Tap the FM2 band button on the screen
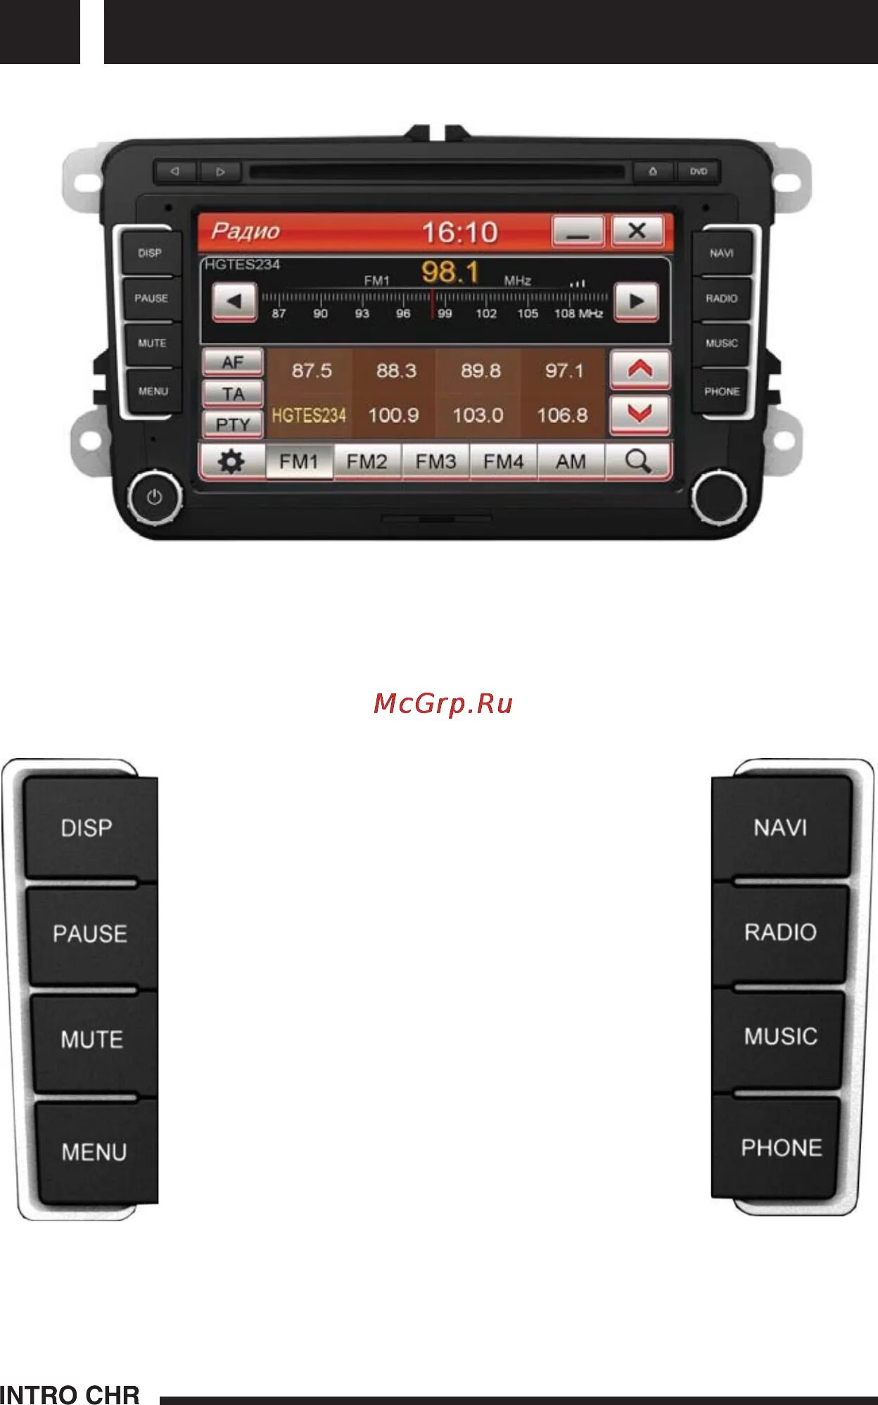(x=367, y=462)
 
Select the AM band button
(x=571, y=462)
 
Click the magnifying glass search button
(x=638, y=462)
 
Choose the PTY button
(x=233, y=424)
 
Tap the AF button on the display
(x=233, y=363)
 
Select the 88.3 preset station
(x=396, y=371)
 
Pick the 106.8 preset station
(x=562, y=415)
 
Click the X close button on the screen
(x=637, y=231)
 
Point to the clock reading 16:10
(x=460, y=232)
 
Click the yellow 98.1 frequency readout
(x=450, y=272)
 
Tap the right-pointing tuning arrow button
(x=636, y=301)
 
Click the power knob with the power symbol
(x=155, y=498)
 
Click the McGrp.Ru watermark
(x=443, y=703)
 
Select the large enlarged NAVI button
(x=780, y=828)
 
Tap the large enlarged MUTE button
(x=92, y=1040)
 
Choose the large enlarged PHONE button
(x=781, y=1148)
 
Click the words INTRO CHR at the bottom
(x=70, y=1394)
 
